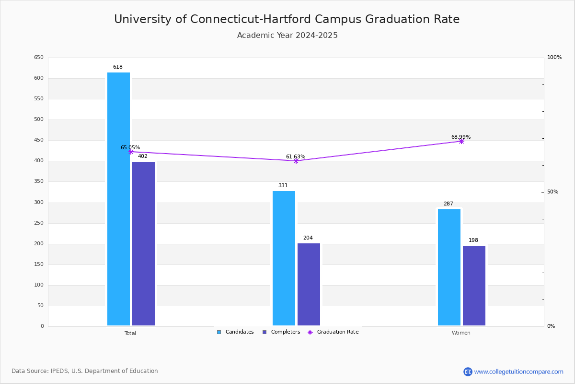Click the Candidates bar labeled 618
[118, 199]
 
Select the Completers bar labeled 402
[143, 243]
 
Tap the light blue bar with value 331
[284, 258]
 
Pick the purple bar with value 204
[309, 284]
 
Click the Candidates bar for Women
[449, 267]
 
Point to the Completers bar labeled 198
[474, 286]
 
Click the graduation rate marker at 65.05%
[130, 152]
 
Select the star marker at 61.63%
[296, 161]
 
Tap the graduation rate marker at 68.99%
[461, 141]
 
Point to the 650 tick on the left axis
[38, 58]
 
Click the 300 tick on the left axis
[38, 203]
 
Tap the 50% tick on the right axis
[552, 192]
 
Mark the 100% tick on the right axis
[554, 58]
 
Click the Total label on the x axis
[130, 333]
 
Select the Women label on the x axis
[461, 333]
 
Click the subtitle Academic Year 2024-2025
[287, 36]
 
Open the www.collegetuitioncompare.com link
[518, 372]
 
